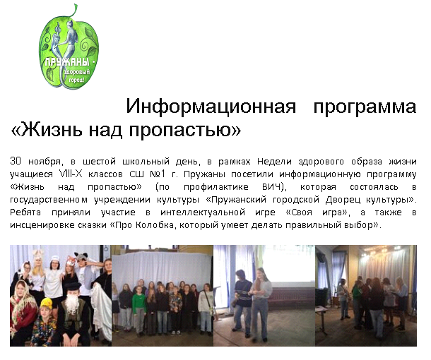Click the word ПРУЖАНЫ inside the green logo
point(68,63)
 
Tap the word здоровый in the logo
point(77,73)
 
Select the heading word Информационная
point(211,107)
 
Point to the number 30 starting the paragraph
point(16,161)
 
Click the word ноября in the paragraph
point(46,162)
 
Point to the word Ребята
point(25,212)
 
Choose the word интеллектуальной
point(203,212)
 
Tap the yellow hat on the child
point(47,303)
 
